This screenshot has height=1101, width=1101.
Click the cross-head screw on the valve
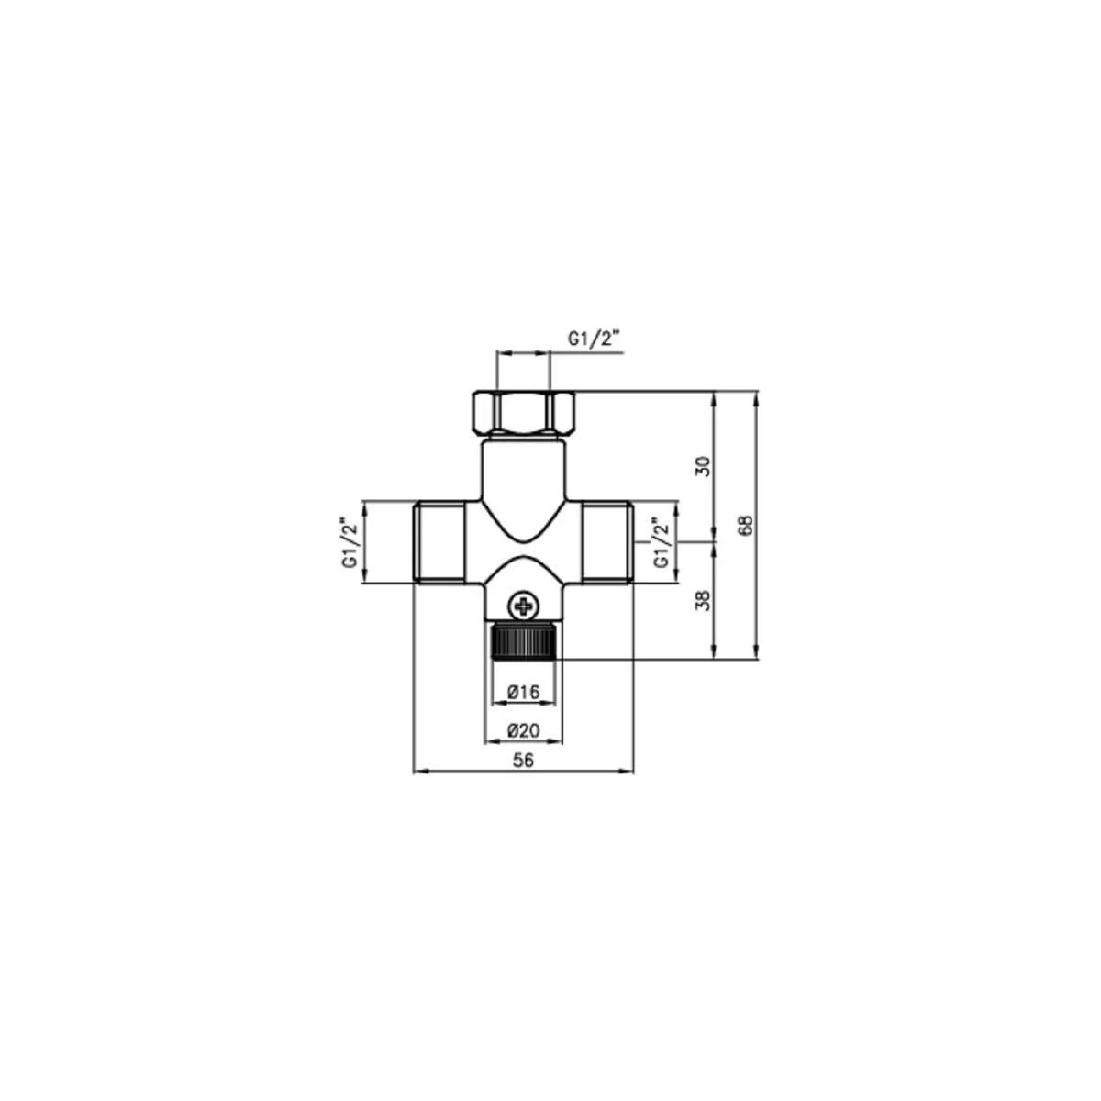click(523, 605)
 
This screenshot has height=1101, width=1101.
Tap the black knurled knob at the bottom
click(527, 642)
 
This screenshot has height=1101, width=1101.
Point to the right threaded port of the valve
click(607, 541)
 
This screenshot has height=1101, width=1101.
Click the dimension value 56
click(523, 760)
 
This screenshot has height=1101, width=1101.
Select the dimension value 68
click(746, 525)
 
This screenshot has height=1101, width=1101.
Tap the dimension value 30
click(705, 466)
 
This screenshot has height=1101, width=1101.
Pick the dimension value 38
click(705, 600)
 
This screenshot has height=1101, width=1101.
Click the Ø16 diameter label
click(523, 693)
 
